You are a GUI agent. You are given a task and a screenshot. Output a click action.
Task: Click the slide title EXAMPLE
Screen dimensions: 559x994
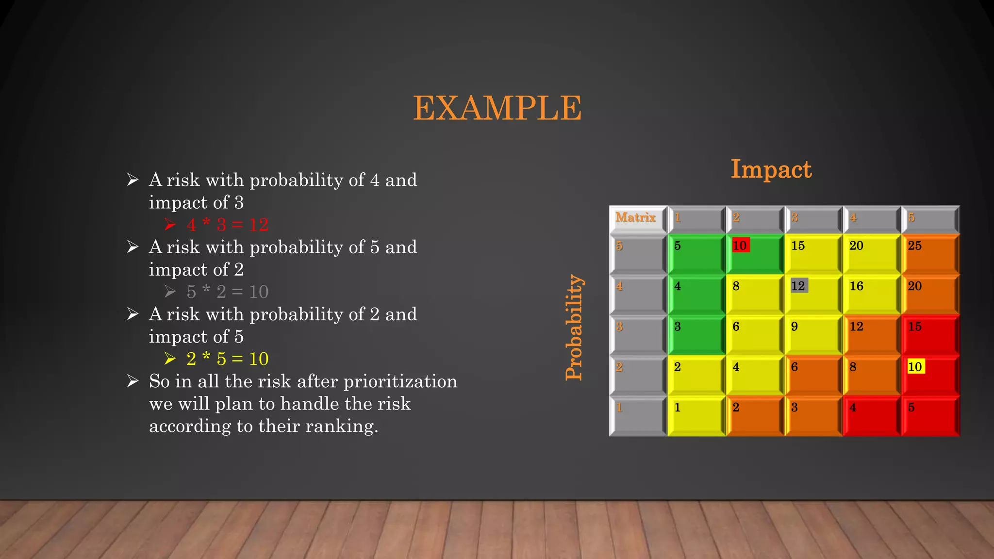tap(497, 108)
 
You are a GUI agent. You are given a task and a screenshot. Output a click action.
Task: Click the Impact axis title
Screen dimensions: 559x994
tap(771, 169)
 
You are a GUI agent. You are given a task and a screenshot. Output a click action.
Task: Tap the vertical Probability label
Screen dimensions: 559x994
tap(574, 327)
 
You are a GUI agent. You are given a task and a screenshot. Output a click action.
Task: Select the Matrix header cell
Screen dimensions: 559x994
tap(636, 218)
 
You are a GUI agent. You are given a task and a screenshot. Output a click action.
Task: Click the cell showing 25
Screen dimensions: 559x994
tap(930, 253)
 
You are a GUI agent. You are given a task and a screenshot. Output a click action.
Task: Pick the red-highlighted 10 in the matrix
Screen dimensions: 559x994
tap(740, 246)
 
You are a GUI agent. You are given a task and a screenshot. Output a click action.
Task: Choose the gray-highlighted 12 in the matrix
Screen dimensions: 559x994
tap(798, 286)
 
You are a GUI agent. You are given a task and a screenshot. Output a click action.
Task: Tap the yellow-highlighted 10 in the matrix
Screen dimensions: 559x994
tap(915, 367)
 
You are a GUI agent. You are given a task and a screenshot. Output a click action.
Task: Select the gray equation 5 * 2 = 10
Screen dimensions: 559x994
tap(227, 292)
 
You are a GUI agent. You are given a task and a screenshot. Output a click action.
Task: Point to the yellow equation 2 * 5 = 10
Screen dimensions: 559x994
tap(227, 359)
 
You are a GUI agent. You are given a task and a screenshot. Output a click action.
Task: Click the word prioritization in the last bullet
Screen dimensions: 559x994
tap(400, 382)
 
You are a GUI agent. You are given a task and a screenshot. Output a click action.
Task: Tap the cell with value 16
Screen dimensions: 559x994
tap(871, 294)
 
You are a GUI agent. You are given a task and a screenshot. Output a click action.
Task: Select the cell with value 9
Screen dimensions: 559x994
tap(813, 334)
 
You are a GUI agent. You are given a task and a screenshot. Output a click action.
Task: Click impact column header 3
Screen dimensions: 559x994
tap(813, 218)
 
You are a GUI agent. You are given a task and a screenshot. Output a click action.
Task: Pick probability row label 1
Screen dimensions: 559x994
tap(637, 415)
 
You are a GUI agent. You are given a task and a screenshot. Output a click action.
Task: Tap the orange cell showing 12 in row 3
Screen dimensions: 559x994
tap(871, 334)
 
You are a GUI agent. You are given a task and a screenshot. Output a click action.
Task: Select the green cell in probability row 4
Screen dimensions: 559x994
tap(696, 294)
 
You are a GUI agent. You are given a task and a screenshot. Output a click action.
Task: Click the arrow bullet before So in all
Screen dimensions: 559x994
tap(133, 381)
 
